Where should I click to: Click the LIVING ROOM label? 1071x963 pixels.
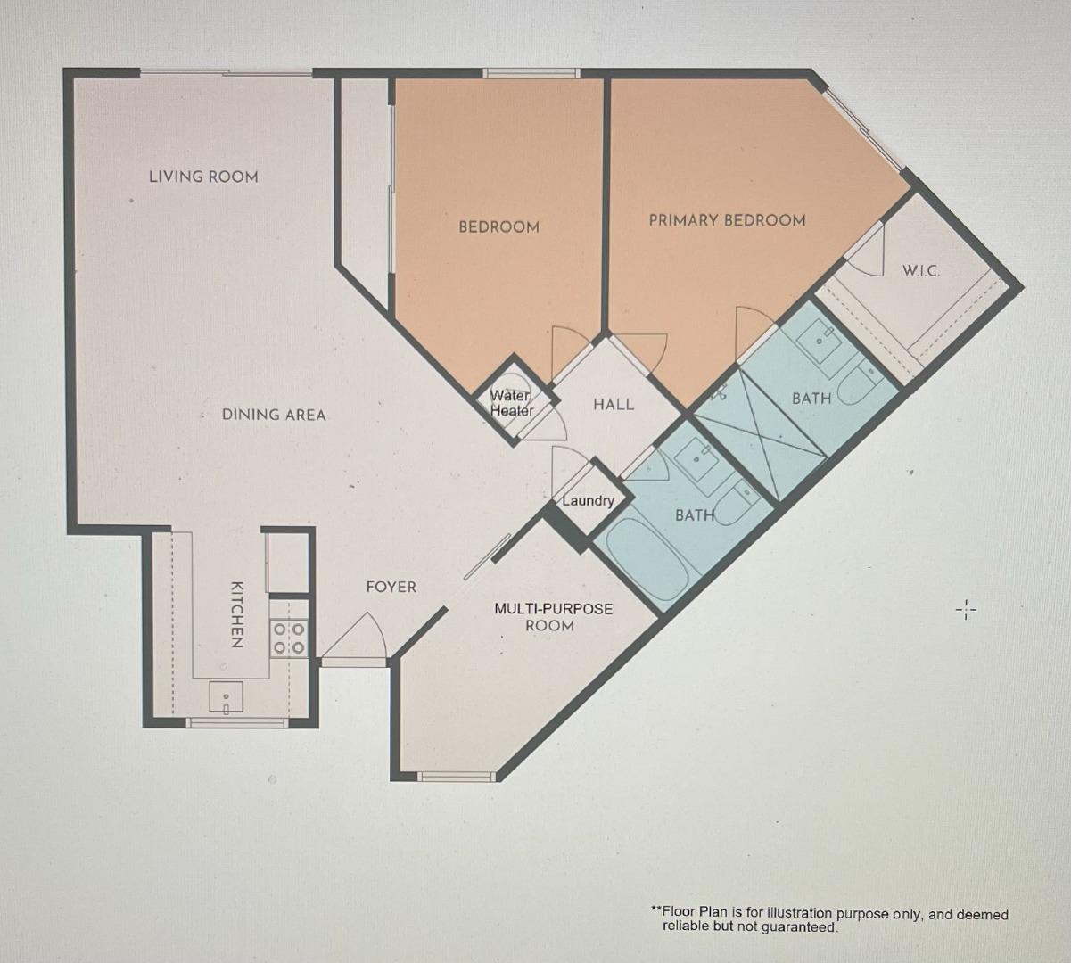pos(203,177)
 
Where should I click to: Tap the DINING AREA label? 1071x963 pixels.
pos(274,415)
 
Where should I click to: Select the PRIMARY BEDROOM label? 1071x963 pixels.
pos(727,220)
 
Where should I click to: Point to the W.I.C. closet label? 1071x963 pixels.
pos(920,270)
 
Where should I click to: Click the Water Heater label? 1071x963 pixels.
pos(511,403)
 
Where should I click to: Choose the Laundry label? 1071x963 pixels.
pos(588,500)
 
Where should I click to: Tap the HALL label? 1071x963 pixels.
pos(614,405)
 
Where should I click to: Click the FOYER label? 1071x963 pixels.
pos(391,587)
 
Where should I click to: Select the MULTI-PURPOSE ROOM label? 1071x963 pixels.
pos(553,616)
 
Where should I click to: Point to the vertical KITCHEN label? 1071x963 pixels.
pos(236,614)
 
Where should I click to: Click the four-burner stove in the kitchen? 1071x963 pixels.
pos(289,638)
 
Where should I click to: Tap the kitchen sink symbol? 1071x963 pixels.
pos(227,697)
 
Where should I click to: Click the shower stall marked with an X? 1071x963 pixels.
pos(758,437)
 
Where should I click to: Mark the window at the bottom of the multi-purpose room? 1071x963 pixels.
pos(457,776)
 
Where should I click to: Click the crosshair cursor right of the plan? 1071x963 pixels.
pos(967,611)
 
